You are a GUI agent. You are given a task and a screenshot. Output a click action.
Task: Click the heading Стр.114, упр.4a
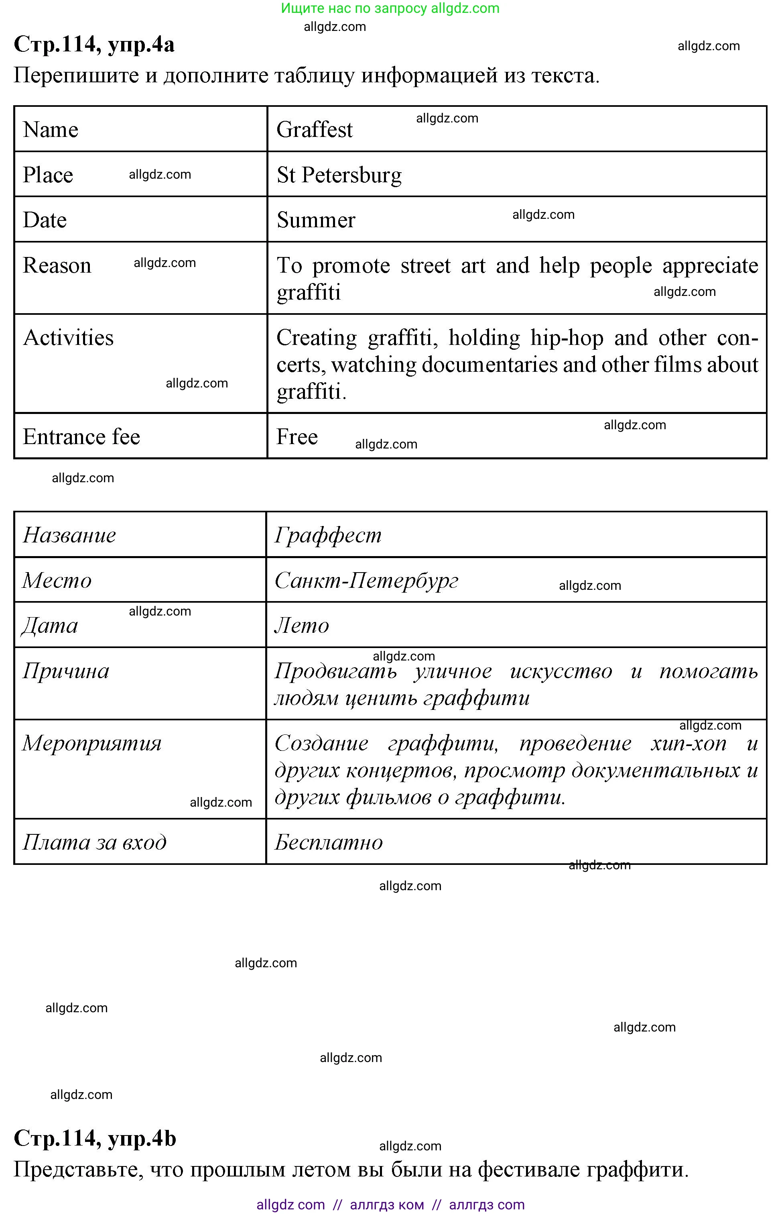(x=94, y=44)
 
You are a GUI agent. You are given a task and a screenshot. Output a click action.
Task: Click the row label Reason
(x=57, y=266)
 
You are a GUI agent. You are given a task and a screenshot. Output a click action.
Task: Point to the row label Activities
(x=69, y=338)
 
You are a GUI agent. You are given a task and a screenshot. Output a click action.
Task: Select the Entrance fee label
(x=81, y=437)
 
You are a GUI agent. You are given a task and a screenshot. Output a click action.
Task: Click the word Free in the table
(x=297, y=437)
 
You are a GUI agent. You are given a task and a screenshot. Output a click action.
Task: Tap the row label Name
(x=51, y=130)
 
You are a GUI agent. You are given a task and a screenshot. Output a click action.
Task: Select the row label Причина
(x=66, y=671)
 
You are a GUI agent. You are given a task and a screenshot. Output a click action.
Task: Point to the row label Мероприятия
(x=92, y=744)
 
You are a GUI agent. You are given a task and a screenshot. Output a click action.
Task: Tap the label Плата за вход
(x=94, y=842)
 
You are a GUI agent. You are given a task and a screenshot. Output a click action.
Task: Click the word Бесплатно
(x=329, y=842)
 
